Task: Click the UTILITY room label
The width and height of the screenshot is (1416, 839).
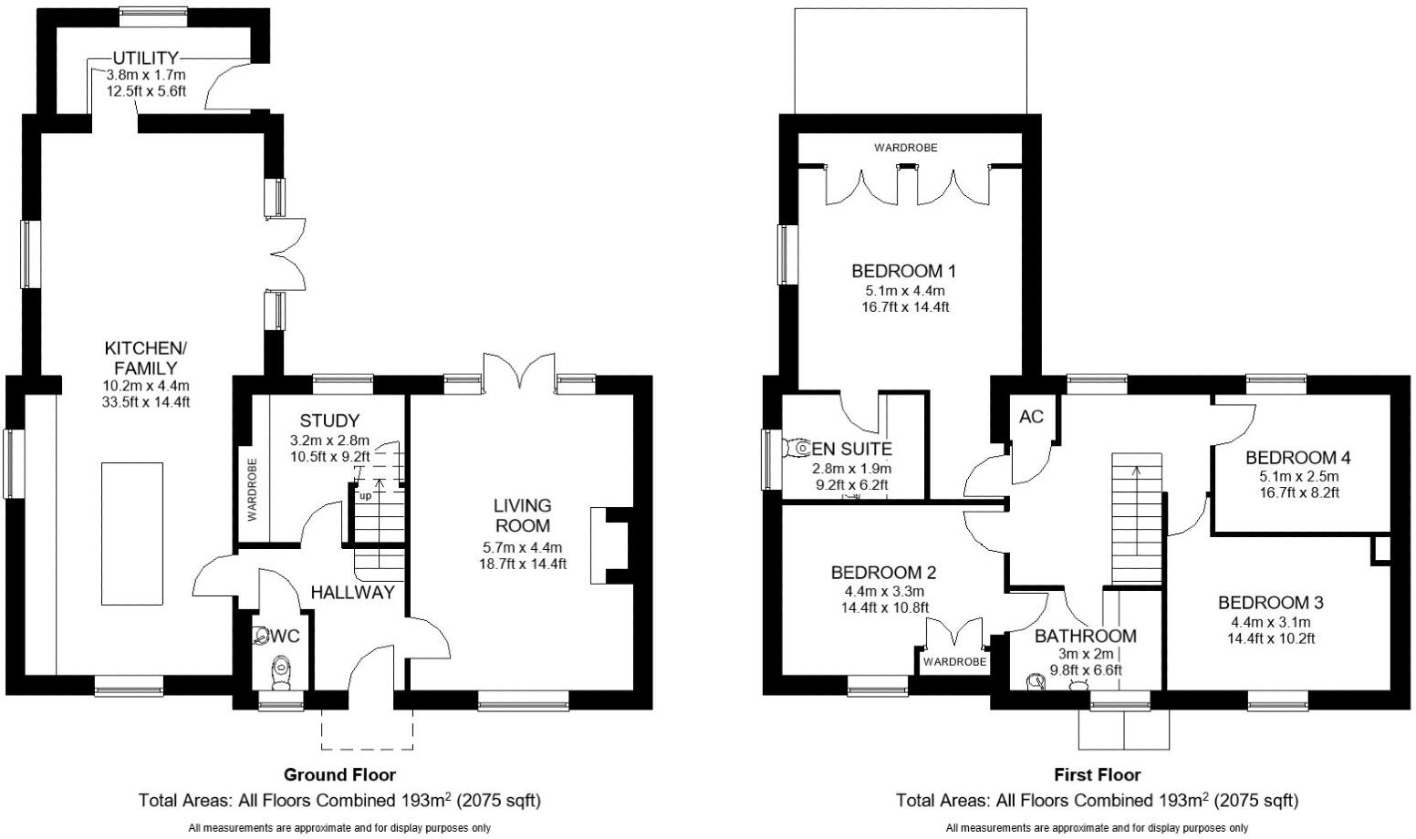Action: tap(146, 58)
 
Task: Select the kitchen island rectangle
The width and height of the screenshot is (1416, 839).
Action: tap(132, 533)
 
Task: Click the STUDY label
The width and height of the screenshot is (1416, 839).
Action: tap(329, 420)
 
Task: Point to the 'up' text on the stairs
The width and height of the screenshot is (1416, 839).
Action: tap(365, 496)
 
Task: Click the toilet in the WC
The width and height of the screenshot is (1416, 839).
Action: tap(282, 674)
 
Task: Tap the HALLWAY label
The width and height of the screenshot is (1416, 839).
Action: tap(352, 592)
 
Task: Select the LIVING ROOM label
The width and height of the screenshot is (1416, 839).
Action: tap(523, 515)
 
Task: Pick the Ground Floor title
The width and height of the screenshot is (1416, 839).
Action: tap(339, 774)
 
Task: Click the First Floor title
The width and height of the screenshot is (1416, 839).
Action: tap(1097, 774)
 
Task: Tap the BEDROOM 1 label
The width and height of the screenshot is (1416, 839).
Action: tap(903, 271)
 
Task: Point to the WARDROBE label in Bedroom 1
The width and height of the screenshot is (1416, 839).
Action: tap(905, 148)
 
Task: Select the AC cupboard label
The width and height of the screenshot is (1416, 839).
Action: tap(1031, 417)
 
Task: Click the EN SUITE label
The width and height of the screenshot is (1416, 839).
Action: tap(852, 449)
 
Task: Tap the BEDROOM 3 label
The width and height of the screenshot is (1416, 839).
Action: tap(1271, 602)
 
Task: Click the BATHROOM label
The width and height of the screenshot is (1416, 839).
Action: tap(1085, 636)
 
